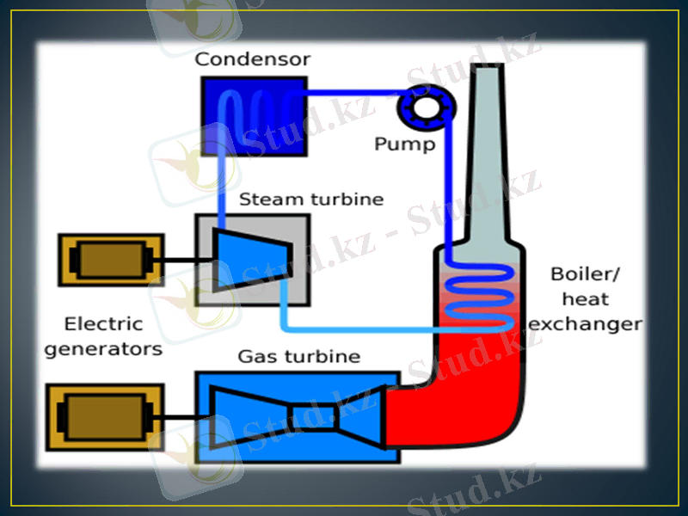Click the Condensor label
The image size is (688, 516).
252,59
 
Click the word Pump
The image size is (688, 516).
404,144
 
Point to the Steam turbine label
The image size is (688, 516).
310,200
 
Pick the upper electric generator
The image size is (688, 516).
110,260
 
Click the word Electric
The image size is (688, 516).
104,324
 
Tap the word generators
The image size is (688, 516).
103,349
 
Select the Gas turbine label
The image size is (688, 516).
298,356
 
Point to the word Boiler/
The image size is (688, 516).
585,275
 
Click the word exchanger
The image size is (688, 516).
585,324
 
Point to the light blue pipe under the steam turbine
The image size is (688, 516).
361,328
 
